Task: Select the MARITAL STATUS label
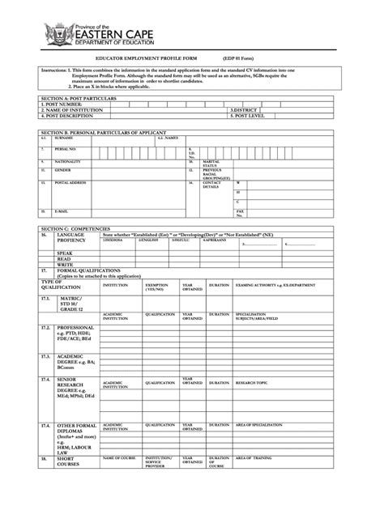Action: coord(211,163)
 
